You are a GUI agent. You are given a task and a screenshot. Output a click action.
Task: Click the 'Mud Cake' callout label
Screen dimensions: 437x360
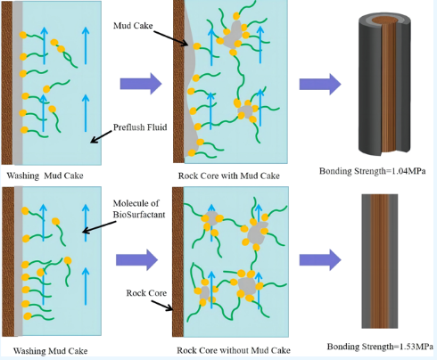(x=133, y=26)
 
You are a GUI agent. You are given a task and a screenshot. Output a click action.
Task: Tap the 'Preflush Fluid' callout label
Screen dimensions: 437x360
(x=140, y=127)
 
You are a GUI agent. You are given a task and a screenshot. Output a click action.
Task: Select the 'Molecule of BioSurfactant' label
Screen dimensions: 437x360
(x=139, y=209)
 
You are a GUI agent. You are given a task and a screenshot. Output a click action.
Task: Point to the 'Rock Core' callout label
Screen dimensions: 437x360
(x=146, y=293)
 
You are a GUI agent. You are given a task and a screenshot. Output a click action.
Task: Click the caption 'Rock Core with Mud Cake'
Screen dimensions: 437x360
(x=229, y=176)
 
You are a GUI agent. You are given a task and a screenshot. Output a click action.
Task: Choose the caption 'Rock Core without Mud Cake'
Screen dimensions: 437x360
(x=234, y=350)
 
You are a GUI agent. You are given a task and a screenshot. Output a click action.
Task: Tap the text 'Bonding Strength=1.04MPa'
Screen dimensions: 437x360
(x=373, y=171)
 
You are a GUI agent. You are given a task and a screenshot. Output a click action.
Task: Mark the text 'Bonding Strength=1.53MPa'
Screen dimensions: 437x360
(x=380, y=347)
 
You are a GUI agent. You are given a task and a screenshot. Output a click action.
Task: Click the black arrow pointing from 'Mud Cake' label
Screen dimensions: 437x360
(x=171, y=38)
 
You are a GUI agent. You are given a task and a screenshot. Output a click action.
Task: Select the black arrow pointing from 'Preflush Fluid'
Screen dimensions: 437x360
(x=101, y=136)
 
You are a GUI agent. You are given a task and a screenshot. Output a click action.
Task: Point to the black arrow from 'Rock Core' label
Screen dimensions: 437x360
(x=162, y=306)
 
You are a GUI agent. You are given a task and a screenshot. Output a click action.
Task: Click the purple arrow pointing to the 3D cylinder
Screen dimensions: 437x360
(x=320, y=84)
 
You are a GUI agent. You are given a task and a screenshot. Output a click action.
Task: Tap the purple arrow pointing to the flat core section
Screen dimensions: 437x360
(x=320, y=259)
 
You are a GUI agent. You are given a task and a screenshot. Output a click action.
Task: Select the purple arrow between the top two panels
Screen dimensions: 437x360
(x=141, y=84)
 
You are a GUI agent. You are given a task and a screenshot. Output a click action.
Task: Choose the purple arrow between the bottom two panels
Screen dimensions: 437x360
(x=136, y=259)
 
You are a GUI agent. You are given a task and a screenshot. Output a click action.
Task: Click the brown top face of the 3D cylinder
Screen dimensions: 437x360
(x=384, y=20)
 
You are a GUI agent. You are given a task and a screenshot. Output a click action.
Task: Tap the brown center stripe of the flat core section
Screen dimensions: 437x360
(x=380, y=261)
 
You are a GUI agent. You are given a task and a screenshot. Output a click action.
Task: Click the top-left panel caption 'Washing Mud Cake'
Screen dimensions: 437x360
(x=45, y=176)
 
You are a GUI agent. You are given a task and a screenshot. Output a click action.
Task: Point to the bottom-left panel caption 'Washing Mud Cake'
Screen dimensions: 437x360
(x=51, y=351)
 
